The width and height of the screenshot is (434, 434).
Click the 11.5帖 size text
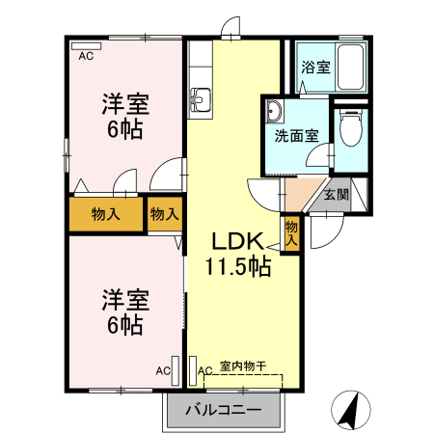pos(237,267)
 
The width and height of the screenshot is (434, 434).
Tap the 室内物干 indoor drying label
pos(242,366)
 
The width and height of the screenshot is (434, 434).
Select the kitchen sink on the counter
pos(202,97)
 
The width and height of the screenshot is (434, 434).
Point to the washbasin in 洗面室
pos(273,109)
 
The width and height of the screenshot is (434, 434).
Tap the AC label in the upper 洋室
pos(86,57)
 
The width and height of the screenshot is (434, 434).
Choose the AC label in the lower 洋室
pos(163,370)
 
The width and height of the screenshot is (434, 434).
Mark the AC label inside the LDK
pos(203,370)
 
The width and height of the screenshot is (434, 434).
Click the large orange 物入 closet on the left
pos(105,215)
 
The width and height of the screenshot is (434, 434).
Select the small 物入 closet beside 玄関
pos(292,232)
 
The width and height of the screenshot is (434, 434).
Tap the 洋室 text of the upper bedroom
pos(125,104)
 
